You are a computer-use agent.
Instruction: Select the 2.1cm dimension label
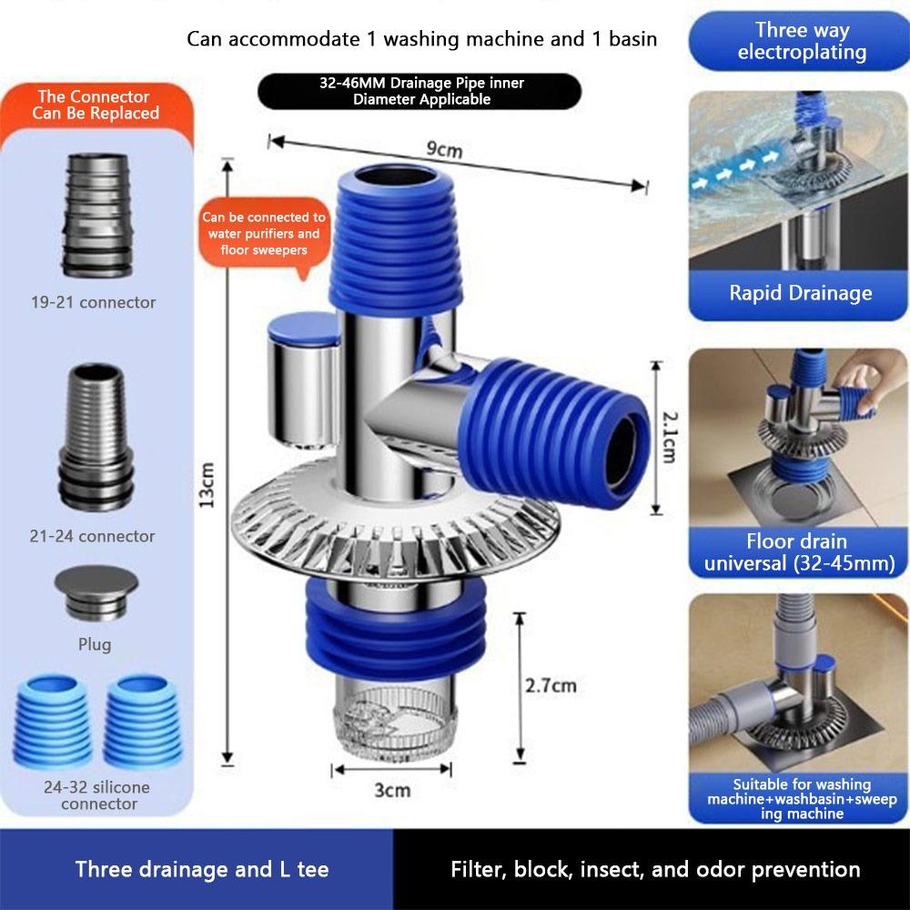pyautogui.click(x=668, y=435)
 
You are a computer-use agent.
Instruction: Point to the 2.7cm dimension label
pyautogui.click(x=551, y=685)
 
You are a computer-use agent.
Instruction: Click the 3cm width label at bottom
pyautogui.click(x=392, y=790)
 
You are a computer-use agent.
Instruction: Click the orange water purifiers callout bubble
pyautogui.click(x=264, y=233)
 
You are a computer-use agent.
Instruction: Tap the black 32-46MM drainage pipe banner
pyautogui.click(x=420, y=92)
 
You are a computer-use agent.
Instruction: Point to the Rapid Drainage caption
pyautogui.click(x=800, y=293)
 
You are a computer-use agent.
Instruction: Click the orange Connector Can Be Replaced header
pyautogui.click(x=95, y=105)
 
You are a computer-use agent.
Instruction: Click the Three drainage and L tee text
pyautogui.click(x=202, y=869)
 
